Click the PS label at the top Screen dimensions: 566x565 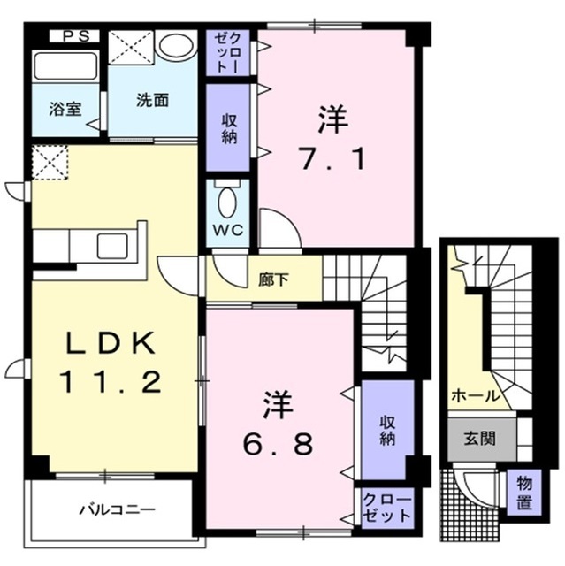click(x=74, y=37)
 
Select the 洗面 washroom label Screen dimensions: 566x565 click(x=152, y=100)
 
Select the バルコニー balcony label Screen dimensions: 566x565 click(x=116, y=510)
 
